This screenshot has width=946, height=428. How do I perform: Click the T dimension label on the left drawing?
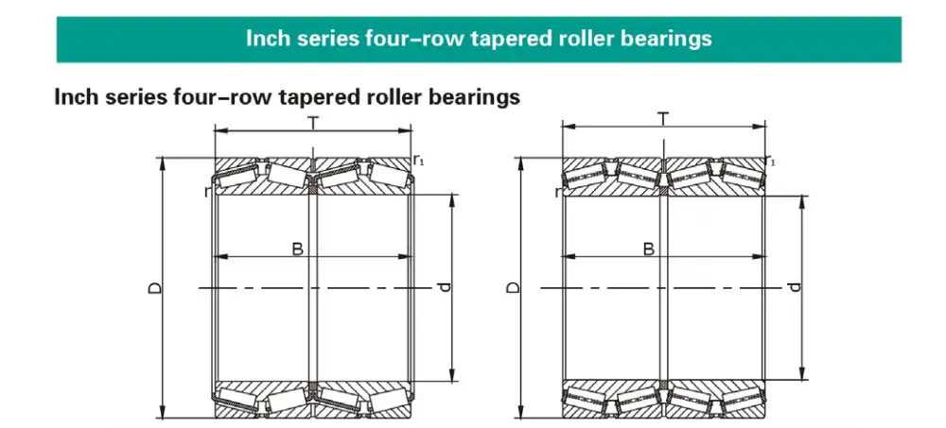coord(312,123)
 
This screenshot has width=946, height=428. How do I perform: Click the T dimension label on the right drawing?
coord(664,118)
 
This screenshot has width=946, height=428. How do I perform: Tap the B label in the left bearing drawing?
coord(297,248)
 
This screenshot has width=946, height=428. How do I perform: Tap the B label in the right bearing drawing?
coord(649,248)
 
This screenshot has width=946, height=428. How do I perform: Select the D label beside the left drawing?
coord(154,287)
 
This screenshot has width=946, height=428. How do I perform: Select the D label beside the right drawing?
coord(512,287)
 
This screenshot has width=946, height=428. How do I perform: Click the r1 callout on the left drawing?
coord(419,160)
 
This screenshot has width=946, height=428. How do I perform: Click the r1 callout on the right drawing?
coord(771,161)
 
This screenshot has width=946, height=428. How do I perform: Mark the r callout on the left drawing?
coord(206,192)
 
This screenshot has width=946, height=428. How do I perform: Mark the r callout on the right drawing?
coord(558,193)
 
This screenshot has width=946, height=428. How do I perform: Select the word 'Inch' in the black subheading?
coord(75,96)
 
